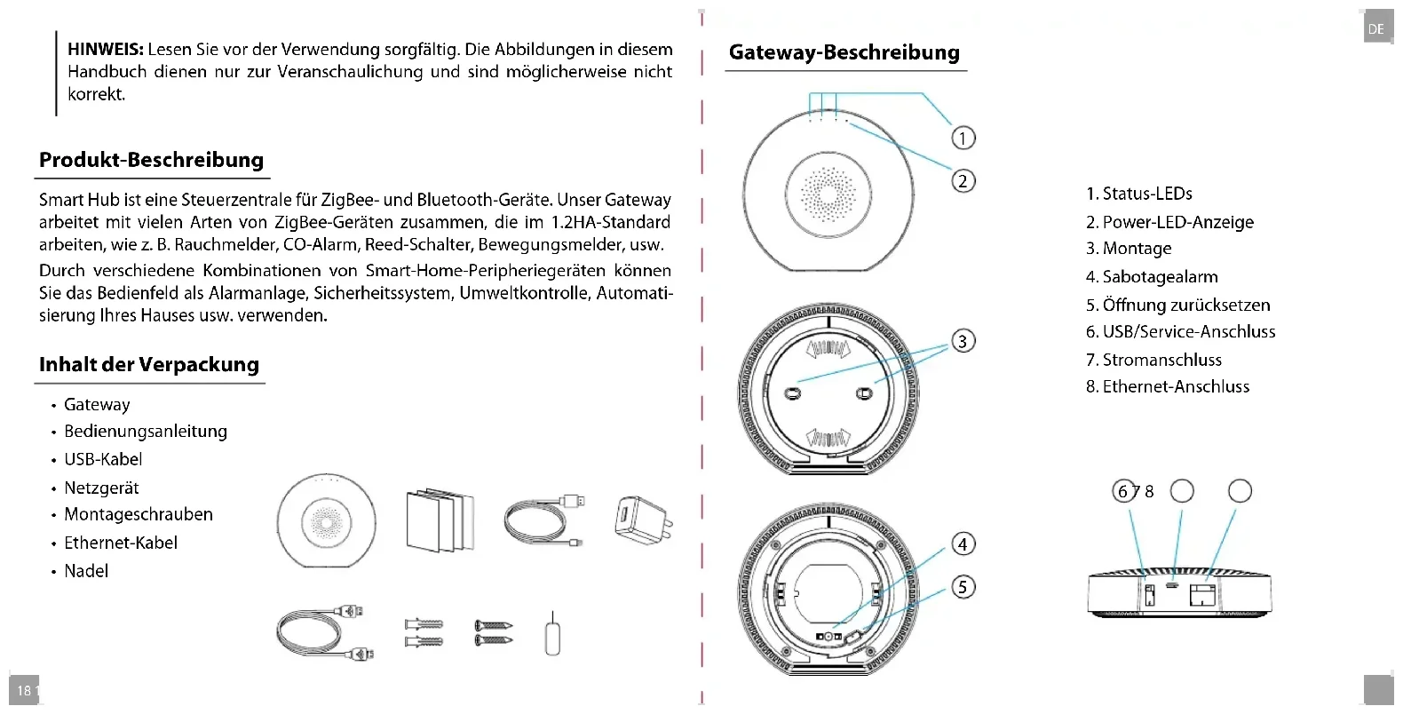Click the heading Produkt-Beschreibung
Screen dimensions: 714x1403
point(151,161)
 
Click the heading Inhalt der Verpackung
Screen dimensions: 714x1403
point(149,365)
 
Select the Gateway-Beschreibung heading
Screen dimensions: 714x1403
point(844,52)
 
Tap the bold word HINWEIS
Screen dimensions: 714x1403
point(106,50)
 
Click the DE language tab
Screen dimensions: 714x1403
point(1375,29)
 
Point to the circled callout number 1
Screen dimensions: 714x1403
point(963,138)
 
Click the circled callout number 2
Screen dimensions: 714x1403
point(963,181)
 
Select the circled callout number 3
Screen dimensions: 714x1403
point(963,341)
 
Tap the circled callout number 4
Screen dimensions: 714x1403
point(963,543)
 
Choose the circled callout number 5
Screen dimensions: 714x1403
point(963,587)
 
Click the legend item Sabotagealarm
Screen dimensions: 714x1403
point(1152,277)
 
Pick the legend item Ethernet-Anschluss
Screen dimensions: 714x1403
point(1168,387)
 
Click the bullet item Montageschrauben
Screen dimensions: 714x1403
point(138,515)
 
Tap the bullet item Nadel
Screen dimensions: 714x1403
point(86,571)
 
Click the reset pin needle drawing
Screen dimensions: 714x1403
point(551,634)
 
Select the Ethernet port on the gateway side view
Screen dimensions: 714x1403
point(1204,593)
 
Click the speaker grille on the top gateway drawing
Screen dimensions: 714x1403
point(828,193)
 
